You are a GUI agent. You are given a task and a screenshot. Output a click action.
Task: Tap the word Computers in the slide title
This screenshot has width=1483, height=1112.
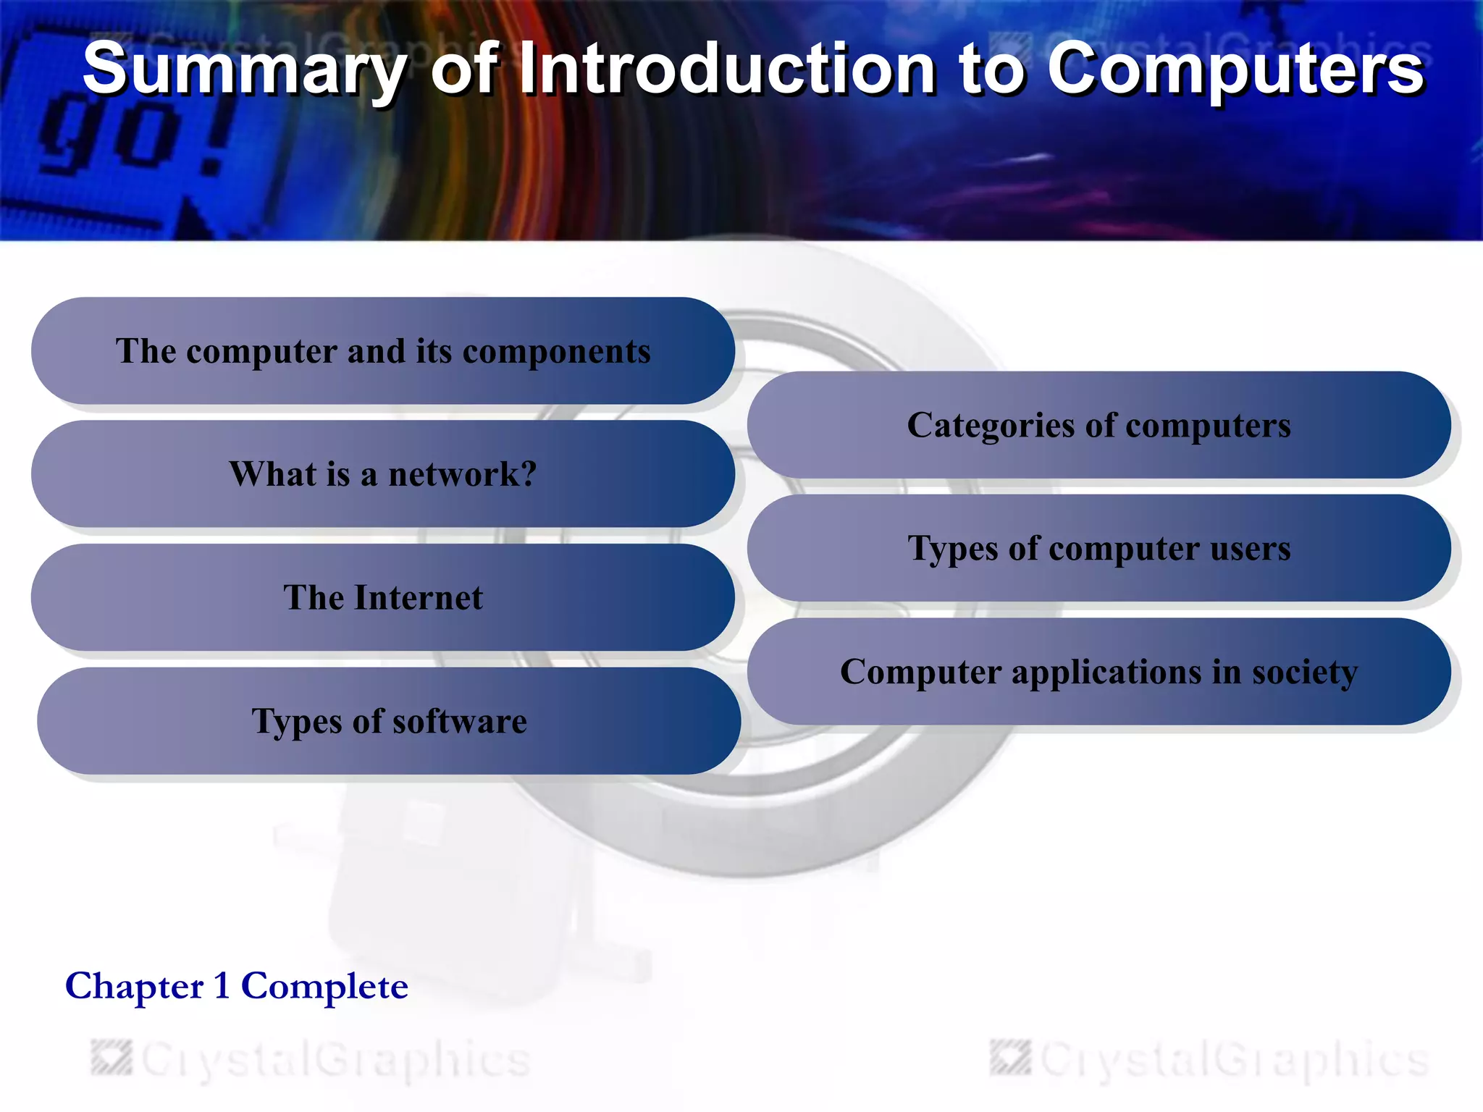coord(1235,69)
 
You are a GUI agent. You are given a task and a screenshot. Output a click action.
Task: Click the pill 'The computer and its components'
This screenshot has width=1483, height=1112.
coord(382,351)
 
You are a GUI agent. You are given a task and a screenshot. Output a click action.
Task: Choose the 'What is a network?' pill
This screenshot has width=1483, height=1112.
coord(382,474)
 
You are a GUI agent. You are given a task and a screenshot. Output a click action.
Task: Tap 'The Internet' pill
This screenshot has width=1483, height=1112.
coord(382,598)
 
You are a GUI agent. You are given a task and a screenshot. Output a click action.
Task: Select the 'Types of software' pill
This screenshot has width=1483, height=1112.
coord(389,721)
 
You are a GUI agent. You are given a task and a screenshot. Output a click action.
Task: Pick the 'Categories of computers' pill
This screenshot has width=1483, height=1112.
coord(1098,425)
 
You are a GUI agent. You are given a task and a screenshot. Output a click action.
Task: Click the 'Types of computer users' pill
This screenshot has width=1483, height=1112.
coord(1098,548)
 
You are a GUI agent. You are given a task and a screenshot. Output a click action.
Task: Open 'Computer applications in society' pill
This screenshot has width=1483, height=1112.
coord(1098,672)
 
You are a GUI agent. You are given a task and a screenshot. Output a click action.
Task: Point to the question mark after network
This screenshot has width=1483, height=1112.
coord(528,474)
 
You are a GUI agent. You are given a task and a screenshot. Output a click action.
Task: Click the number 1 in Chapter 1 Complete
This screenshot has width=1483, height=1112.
coord(222,986)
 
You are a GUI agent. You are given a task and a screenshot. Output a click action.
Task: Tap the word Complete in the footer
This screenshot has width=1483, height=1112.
coord(324,986)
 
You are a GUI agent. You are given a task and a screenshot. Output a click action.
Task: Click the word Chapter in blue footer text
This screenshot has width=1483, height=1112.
coord(135,986)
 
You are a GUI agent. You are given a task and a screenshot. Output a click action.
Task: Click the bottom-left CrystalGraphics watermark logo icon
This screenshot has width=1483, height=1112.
coord(112,1058)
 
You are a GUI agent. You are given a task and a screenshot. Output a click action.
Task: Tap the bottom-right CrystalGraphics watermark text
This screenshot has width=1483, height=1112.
coord(1235,1059)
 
